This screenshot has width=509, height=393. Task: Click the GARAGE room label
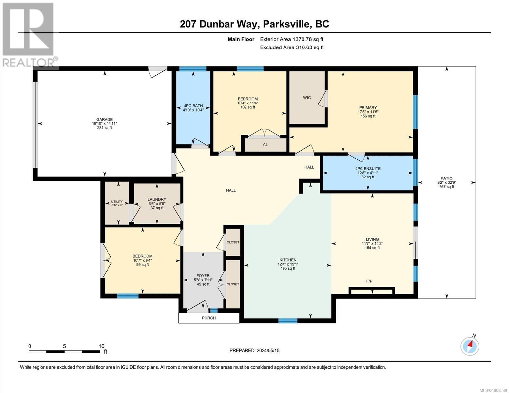[104, 120]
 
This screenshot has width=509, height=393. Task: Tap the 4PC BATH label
[193, 106]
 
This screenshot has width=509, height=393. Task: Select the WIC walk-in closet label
[307, 98]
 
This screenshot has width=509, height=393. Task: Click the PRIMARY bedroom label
[368, 108]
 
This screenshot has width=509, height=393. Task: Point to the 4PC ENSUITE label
[368, 169]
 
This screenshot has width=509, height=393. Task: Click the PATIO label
[446, 178]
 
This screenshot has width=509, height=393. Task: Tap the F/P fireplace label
[369, 281]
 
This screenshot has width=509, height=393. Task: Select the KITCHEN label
[287, 260]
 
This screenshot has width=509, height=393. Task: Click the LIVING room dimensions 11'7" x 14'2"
[372, 244]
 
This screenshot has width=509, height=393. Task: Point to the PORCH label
[208, 318]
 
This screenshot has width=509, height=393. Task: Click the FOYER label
[203, 276]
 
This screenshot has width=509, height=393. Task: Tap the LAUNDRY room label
[157, 199]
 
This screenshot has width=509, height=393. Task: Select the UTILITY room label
[117, 202]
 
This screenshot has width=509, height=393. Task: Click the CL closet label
[265, 145]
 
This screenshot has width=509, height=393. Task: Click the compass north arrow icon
[470, 346]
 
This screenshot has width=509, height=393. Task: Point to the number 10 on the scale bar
[101, 346]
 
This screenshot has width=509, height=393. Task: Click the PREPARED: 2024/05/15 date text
[254, 350]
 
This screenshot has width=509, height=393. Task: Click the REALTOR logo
[29, 34]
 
